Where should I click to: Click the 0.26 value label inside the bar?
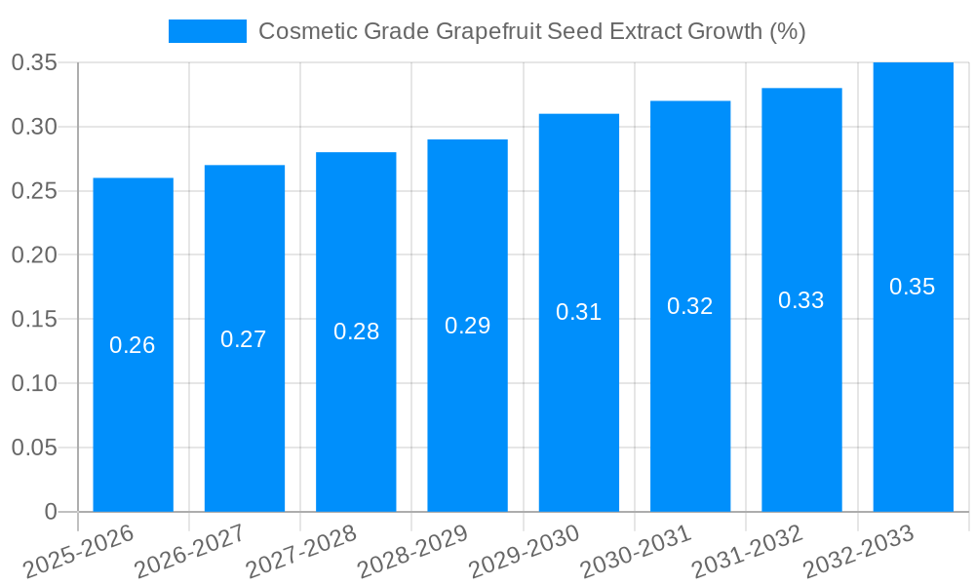click(133, 345)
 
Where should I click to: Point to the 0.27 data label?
click(244, 339)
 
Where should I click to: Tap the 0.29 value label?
click(467, 326)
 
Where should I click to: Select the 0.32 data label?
click(689, 306)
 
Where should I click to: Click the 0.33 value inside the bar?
click(800, 300)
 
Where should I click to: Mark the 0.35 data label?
click(913, 287)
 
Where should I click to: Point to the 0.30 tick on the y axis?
click(35, 127)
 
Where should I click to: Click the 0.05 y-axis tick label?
click(35, 448)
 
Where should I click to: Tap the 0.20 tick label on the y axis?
click(35, 255)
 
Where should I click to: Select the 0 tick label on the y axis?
click(51, 512)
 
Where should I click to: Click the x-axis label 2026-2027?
click(190, 552)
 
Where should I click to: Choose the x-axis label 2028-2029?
click(413, 552)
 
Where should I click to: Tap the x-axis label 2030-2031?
click(636, 552)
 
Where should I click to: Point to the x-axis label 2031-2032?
click(747, 552)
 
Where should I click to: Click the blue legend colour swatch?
click(208, 31)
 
